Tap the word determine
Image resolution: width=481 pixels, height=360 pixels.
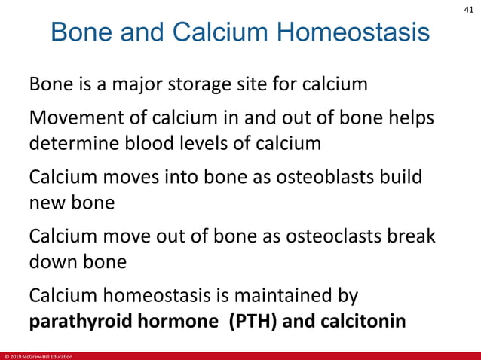[x=69, y=142]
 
